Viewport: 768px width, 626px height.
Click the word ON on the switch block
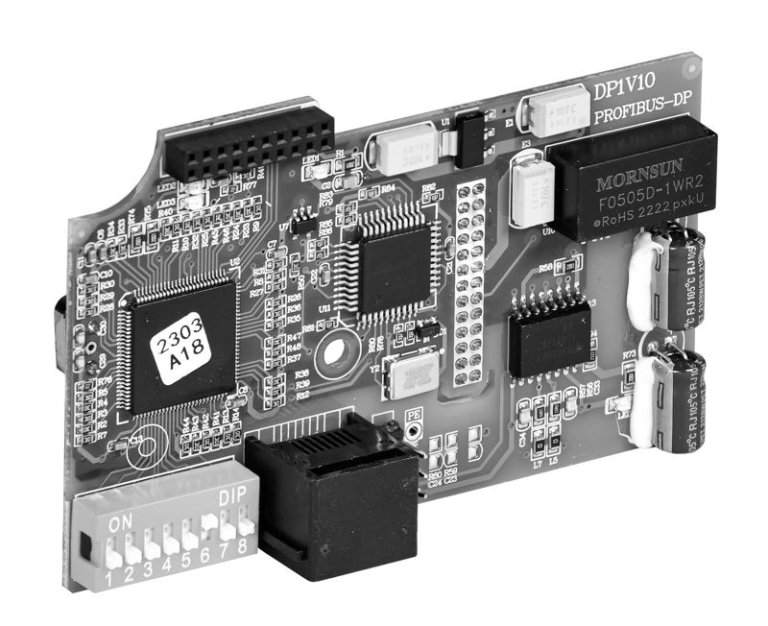point(121,523)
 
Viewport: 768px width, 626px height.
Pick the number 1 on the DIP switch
point(109,579)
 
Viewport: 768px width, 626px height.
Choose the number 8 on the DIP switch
point(244,545)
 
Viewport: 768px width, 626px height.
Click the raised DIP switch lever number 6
point(208,524)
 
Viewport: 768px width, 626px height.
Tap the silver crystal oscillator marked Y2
point(405,375)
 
